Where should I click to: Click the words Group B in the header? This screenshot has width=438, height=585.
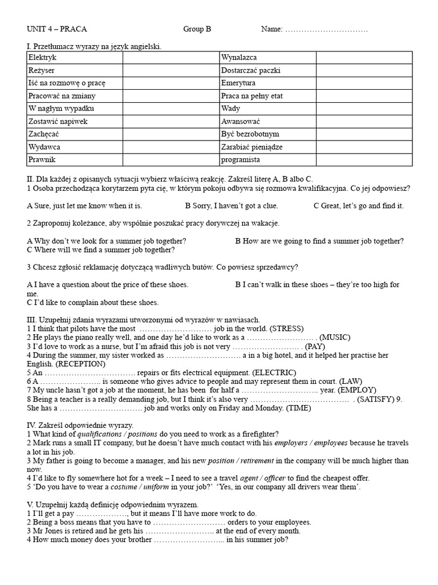point(197,29)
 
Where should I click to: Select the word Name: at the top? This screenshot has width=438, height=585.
point(271,29)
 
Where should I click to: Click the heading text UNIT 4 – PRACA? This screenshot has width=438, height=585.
point(58,29)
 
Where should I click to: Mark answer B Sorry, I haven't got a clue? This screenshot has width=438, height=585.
point(240,206)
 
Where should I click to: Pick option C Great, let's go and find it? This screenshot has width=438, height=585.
point(359,206)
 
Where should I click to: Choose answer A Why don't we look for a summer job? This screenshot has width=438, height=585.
point(107,241)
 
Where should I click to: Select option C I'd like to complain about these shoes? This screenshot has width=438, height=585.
point(93,302)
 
